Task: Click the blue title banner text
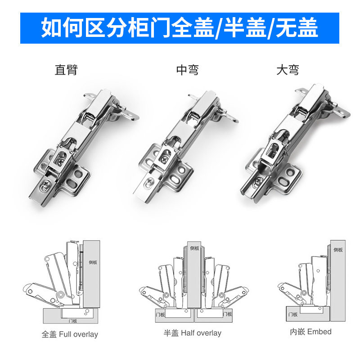(x=180, y=28)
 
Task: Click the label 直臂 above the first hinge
(x=66, y=70)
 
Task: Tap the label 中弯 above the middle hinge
(x=187, y=70)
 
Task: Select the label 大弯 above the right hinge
(x=288, y=70)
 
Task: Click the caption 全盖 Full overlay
(x=70, y=334)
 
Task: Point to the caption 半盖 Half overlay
(x=193, y=333)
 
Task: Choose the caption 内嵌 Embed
(x=310, y=332)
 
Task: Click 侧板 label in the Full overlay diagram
(x=93, y=262)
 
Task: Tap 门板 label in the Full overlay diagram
(x=73, y=321)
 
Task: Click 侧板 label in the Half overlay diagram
(x=194, y=248)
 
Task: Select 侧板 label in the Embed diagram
(x=338, y=250)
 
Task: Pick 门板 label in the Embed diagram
(x=293, y=314)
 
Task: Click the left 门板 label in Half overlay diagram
(x=160, y=314)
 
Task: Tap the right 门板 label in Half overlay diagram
(x=227, y=314)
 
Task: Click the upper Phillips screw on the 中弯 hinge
(x=165, y=159)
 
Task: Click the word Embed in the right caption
(x=319, y=332)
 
